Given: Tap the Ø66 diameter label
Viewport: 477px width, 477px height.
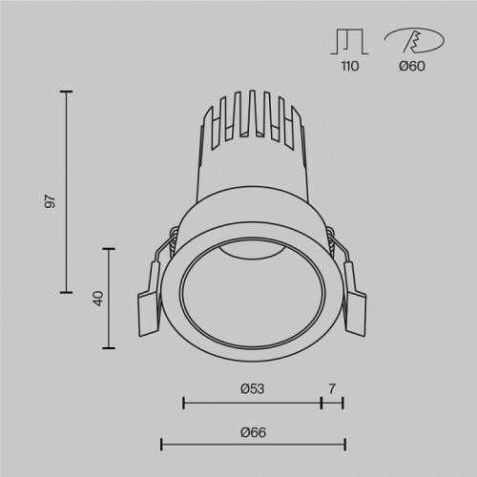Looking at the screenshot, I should (x=252, y=432).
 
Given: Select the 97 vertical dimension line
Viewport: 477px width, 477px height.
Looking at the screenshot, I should (x=66, y=191).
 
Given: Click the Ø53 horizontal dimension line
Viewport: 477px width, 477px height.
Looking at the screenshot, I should (x=252, y=404).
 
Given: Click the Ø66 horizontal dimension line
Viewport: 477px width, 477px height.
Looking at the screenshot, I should (x=252, y=445).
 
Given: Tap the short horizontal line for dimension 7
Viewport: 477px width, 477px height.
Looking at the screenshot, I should (x=332, y=404).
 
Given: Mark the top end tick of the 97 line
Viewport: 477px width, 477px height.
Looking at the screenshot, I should (x=66, y=92).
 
